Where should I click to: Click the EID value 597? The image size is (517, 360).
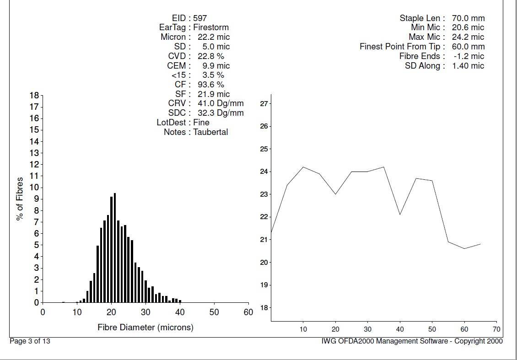(200, 18)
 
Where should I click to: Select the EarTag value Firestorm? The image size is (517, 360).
(211, 27)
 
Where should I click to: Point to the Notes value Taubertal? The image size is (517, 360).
(210, 132)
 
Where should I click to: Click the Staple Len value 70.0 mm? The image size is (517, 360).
(468, 18)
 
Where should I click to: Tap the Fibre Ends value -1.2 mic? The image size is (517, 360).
(467, 56)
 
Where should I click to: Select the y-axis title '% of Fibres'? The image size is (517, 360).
(20, 199)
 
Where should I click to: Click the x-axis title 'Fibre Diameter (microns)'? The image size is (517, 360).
(145, 328)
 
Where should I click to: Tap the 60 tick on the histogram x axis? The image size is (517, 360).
(248, 312)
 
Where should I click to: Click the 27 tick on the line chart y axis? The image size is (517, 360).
(263, 104)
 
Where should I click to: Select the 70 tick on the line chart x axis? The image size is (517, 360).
(496, 329)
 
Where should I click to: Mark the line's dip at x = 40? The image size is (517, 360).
(400, 215)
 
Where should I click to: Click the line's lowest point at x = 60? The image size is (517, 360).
(464, 248)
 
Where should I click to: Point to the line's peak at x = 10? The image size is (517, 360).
(303, 167)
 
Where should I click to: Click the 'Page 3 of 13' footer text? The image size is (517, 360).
(30, 341)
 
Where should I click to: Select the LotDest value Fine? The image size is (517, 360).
(201, 123)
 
